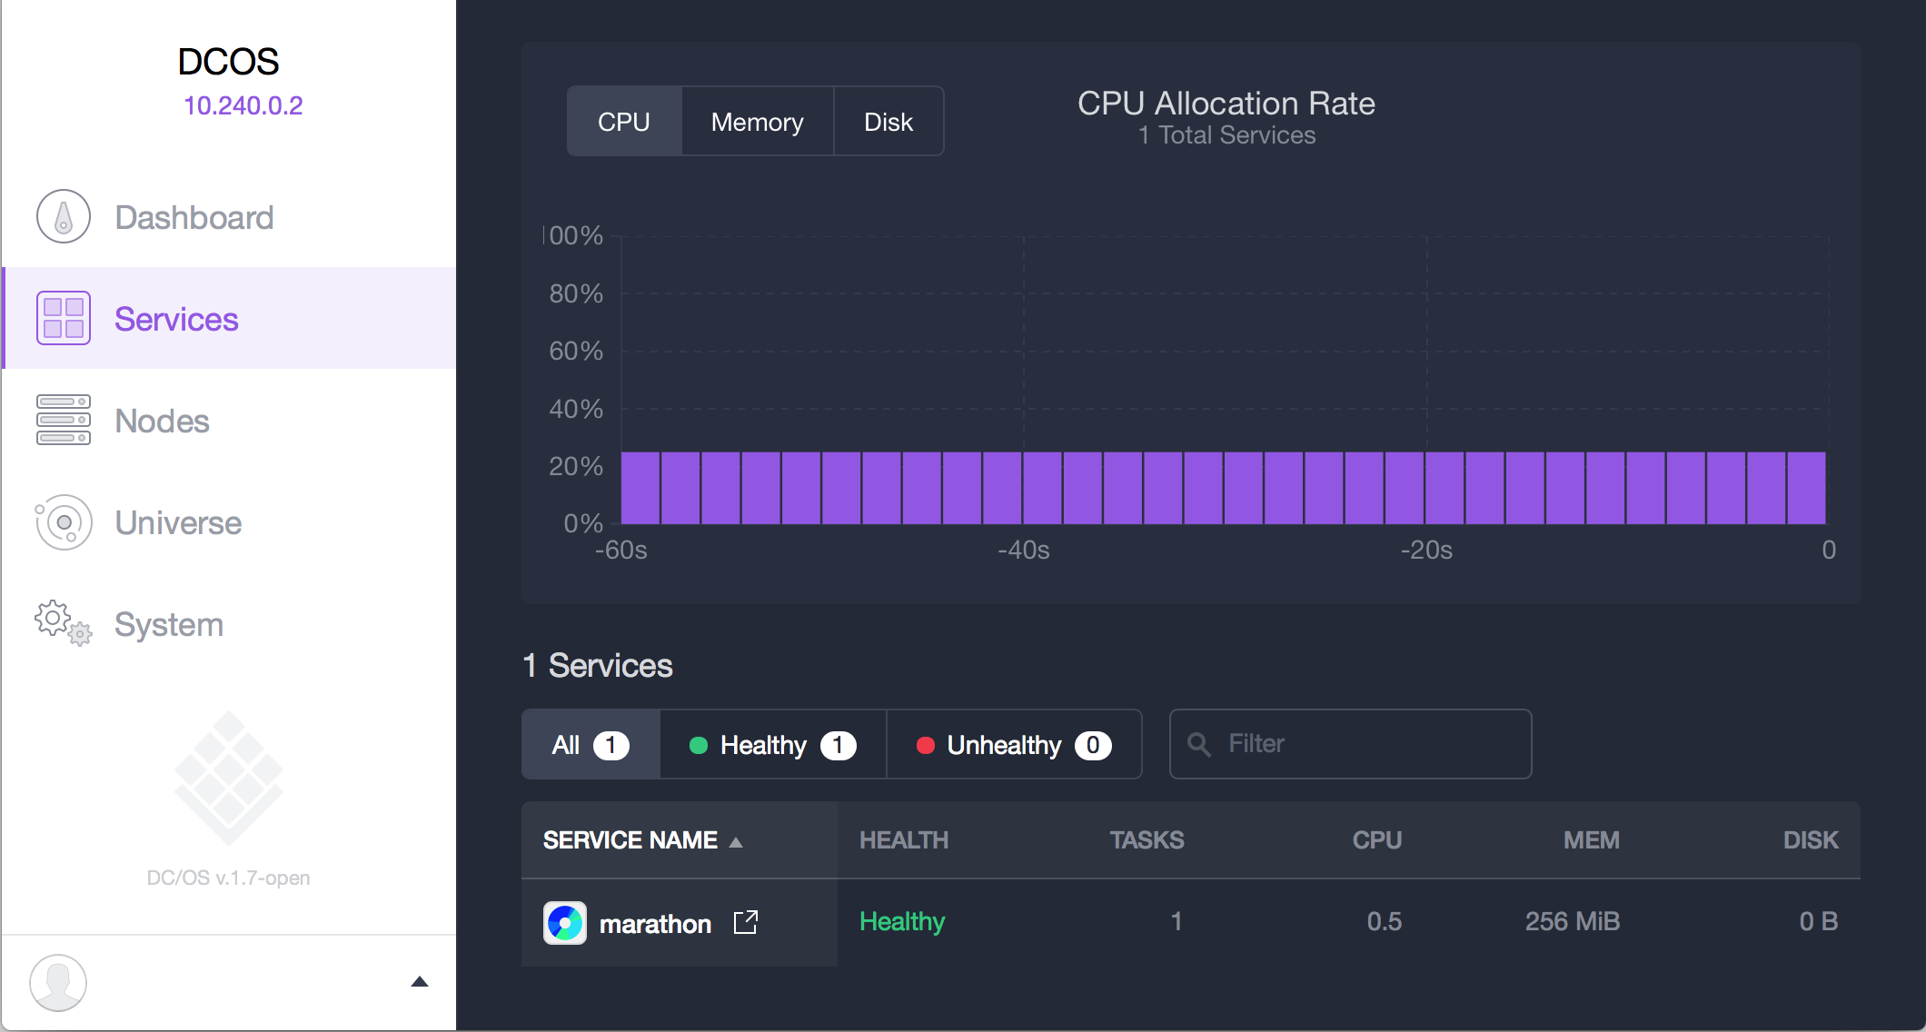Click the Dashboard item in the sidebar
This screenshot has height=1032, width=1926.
point(194,218)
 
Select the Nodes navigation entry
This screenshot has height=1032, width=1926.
point(162,422)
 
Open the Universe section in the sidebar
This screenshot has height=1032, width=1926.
point(178,523)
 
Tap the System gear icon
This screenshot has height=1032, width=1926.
point(63,623)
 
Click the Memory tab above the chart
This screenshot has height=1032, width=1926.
point(757,122)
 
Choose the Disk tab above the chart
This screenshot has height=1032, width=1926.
point(888,122)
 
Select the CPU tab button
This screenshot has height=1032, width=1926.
point(624,122)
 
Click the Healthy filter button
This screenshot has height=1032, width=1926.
point(772,745)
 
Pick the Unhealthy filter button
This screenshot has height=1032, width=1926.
point(1013,745)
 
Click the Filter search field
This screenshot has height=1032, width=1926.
point(1363,744)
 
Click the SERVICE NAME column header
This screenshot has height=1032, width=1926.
point(630,840)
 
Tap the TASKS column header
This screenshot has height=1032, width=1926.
point(1147,840)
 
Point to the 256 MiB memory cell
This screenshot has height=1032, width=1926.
point(1572,921)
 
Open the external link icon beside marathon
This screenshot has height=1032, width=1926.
point(746,922)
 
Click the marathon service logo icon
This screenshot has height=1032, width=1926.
point(565,923)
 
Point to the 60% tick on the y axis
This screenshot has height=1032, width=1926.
point(576,352)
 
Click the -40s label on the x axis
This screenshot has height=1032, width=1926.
point(1024,551)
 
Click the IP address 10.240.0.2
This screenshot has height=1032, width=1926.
point(243,105)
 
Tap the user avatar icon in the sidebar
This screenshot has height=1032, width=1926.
point(58,982)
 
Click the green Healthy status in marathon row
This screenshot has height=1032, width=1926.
point(902,921)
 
